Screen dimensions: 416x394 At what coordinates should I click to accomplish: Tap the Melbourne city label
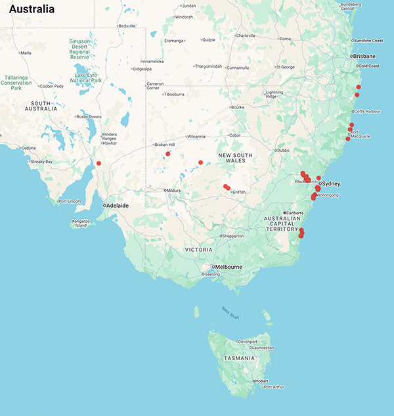click(227, 267)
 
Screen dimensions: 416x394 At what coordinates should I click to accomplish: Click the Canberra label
click(295, 213)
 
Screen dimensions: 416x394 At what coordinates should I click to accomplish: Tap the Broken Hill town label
click(164, 145)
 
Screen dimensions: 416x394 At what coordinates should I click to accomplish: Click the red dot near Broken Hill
click(168, 154)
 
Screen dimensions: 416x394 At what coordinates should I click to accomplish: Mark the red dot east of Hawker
click(98, 163)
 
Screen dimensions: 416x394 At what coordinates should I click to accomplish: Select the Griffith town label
click(238, 192)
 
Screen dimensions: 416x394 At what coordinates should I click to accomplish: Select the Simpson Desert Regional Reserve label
click(79, 49)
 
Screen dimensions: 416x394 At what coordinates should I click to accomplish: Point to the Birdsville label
click(127, 26)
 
